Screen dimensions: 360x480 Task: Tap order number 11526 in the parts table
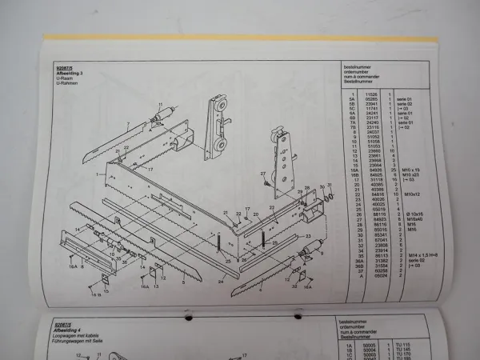(359, 94)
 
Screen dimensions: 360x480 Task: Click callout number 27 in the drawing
(262, 174)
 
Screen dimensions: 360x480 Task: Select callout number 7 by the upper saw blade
(127, 123)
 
